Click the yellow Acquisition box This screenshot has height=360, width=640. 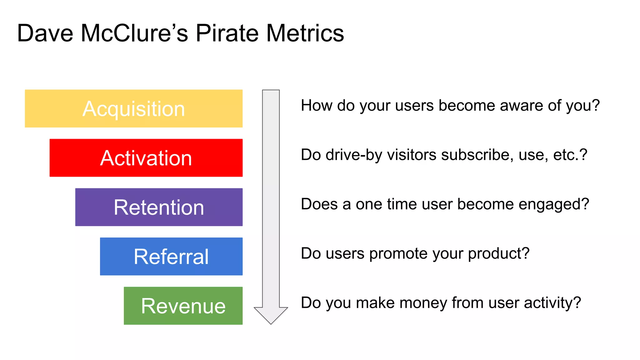pos(133,108)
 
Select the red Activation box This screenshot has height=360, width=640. pos(146,158)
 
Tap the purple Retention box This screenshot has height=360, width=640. pos(159,207)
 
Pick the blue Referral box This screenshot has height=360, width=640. pos(171,257)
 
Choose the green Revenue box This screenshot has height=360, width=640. pos(183,306)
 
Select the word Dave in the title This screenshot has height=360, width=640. pos(45,33)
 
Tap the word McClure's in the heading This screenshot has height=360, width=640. pos(134,33)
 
